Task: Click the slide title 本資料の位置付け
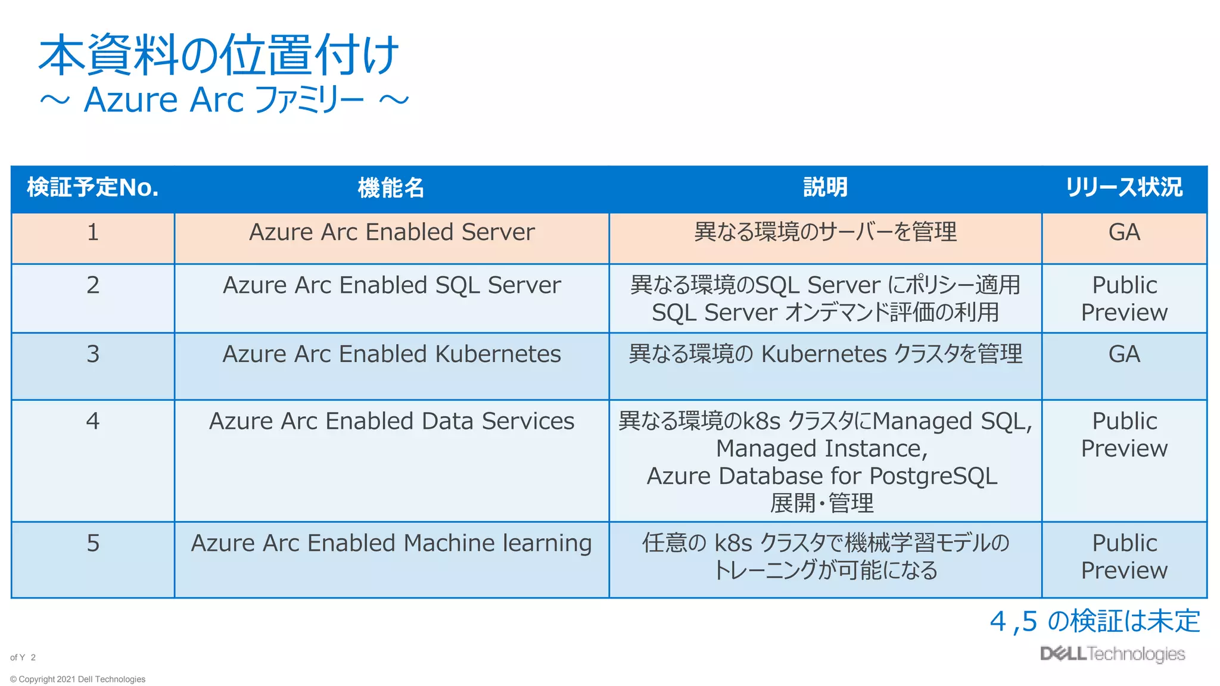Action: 218,55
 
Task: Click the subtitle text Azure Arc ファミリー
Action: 224,99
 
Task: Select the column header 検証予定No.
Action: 92,188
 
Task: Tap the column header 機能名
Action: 391,188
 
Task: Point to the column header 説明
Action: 825,188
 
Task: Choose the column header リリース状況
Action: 1123,188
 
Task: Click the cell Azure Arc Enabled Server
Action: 391,232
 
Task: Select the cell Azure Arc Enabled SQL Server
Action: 391,285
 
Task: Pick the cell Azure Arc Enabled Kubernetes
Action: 391,354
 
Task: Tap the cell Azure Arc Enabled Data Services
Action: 391,422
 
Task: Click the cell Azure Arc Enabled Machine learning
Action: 391,543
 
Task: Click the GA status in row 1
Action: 1124,232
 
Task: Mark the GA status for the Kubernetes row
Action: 1124,354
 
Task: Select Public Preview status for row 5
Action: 1124,557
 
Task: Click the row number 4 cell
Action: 92,422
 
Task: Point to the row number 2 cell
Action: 92,285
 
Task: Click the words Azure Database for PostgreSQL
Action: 822,476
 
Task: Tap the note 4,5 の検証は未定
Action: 1094,621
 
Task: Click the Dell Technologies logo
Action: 1112,654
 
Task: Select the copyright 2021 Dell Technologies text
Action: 78,679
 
